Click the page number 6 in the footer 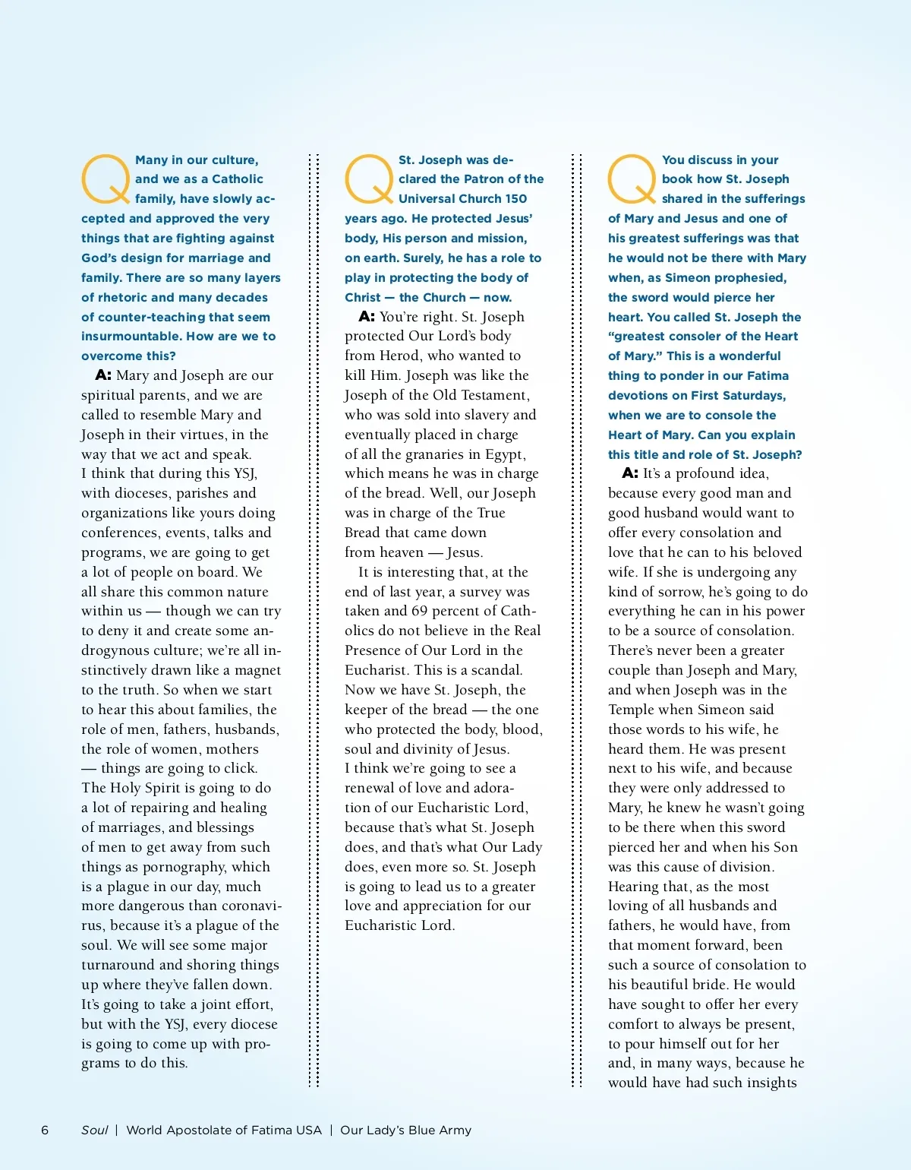(x=45, y=1130)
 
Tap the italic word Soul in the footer (x=95, y=1130)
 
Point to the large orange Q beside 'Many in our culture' (x=106, y=179)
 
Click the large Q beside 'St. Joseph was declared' (x=369, y=179)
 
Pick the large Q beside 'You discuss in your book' (x=632, y=179)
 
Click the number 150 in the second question (x=515, y=199)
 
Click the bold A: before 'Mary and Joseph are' (x=103, y=375)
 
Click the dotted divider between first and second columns (x=314, y=619)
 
